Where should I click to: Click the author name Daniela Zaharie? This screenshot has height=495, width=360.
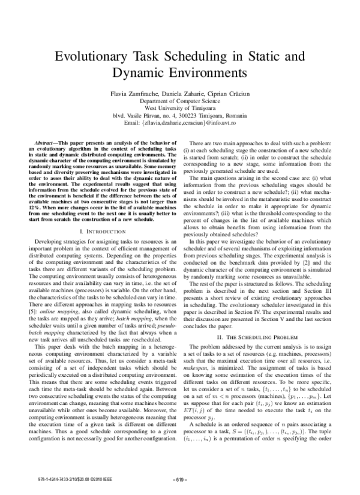[x=181, y=94]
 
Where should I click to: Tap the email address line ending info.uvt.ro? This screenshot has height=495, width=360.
[x=180, y=122]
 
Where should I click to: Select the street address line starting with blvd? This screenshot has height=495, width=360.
[x=180, y=115]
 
